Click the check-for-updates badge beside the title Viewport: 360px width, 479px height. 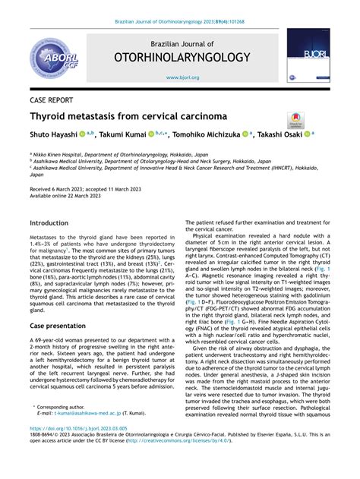click(295, 118)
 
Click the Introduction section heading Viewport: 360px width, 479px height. click(49, 223)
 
